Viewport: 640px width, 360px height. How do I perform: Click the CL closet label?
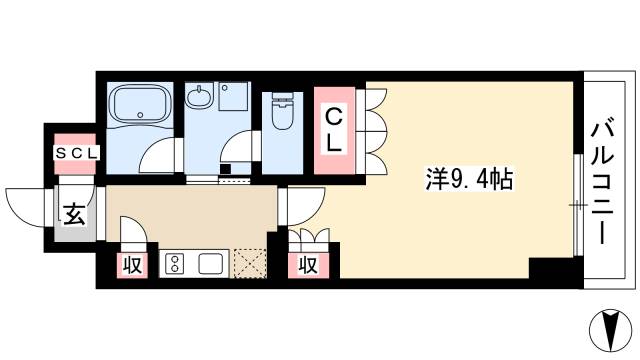333,129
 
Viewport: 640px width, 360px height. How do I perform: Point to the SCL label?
76,153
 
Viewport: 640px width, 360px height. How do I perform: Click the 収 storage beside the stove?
130,265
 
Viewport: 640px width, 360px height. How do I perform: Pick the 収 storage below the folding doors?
309,265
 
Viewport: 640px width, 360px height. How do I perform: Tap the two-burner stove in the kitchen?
173,264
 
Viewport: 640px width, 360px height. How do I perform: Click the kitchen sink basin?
211,264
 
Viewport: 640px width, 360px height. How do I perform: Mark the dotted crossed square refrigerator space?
249,263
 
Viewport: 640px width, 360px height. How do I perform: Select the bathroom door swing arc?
158,156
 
